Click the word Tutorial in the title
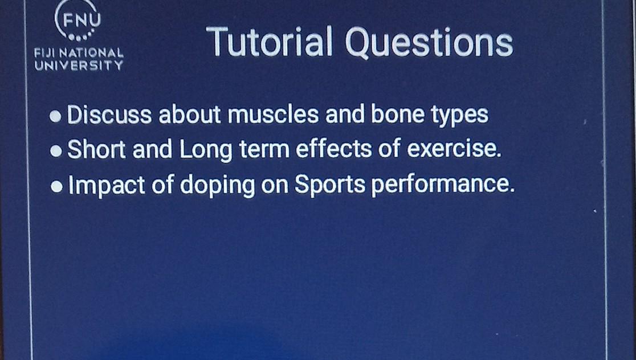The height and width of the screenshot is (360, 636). [x=270, y=42]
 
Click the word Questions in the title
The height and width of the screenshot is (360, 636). [x=430, y=43]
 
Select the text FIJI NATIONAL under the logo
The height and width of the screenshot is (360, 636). [x=79, y=53]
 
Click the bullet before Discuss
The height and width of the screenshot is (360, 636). [x=56, y=117]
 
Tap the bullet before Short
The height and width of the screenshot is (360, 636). [x=56, y=152]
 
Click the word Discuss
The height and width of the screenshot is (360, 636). [x=109, y=116]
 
